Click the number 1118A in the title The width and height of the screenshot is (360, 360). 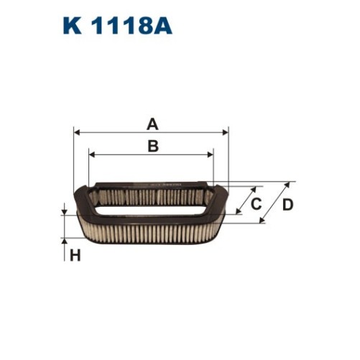tap(127, 27)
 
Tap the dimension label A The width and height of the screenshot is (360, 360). tap(152, 124)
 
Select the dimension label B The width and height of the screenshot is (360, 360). tap(152, 146)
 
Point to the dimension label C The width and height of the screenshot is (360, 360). tap(255, 205)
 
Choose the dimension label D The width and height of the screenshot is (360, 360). tap(287, 205)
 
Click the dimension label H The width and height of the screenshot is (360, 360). tap(75, 254)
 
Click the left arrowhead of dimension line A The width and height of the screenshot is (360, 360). tap(78, 133)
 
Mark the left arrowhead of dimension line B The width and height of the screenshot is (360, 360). tap(91, 154)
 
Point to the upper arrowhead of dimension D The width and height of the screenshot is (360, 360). tap(291, 184)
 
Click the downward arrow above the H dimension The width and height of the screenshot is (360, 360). tap(64, 211)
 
